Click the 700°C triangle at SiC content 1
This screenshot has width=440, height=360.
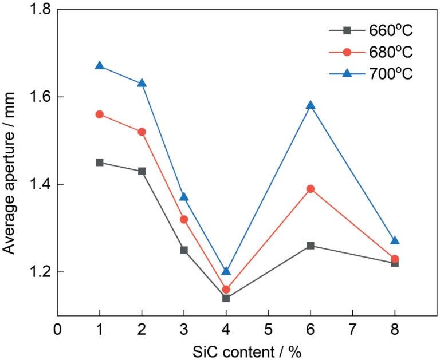click(x=100, y=66)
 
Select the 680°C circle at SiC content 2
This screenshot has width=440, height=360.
click(x=142, y=132)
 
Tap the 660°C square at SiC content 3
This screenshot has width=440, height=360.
click(x=184, y=250)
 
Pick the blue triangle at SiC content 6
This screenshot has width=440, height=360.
click(x=311, y=105)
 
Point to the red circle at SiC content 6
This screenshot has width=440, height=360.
click(x=311, y=189)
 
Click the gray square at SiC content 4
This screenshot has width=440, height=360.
click(x=226, y=298)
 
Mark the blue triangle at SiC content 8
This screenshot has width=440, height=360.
click(x=395, y=240)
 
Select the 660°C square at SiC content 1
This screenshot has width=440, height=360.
click(x=100, y=163)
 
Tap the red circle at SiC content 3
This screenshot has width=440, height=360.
click(x=184, y=219)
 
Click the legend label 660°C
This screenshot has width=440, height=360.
click(x=392, y=31)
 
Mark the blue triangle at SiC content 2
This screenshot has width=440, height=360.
click(x=142, y=83)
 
